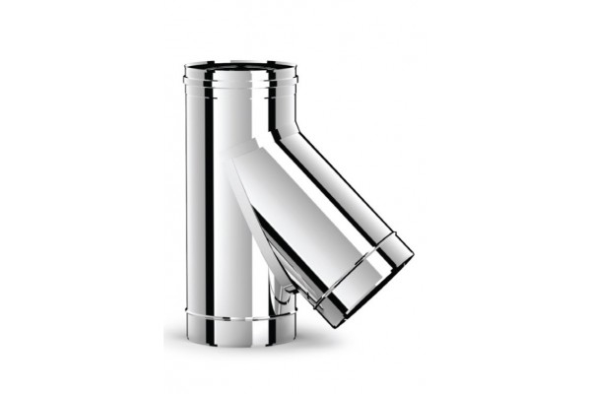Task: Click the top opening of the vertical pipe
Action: (x=239, y=67)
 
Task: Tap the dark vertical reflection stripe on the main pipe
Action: (x=209, y=197)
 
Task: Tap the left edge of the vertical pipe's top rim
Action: (x=185, y=68)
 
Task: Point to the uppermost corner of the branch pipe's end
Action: (x=413, y=254)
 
